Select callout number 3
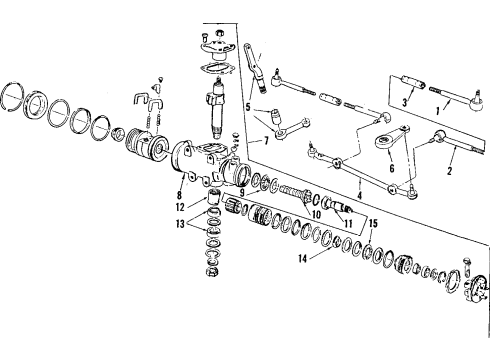[x=405, y=104]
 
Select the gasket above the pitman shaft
[x=214, y=67]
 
